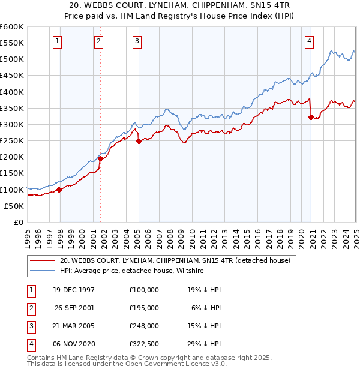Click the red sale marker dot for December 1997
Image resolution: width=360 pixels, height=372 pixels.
coord(59,190)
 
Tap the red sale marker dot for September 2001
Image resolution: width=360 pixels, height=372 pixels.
coord(100,158)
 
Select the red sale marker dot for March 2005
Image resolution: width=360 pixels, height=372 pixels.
coord(139,142)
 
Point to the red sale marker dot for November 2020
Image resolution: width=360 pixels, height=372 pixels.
coord(311,117)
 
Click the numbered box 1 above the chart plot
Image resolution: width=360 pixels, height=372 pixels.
coord(57,41)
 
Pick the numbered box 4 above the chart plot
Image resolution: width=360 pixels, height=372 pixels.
coord(308,41)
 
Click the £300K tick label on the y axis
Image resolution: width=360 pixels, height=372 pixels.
coord(11,124)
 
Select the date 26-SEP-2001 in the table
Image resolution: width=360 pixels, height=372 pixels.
coord(74,308)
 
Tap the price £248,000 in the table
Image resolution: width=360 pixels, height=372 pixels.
coord(144,326)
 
